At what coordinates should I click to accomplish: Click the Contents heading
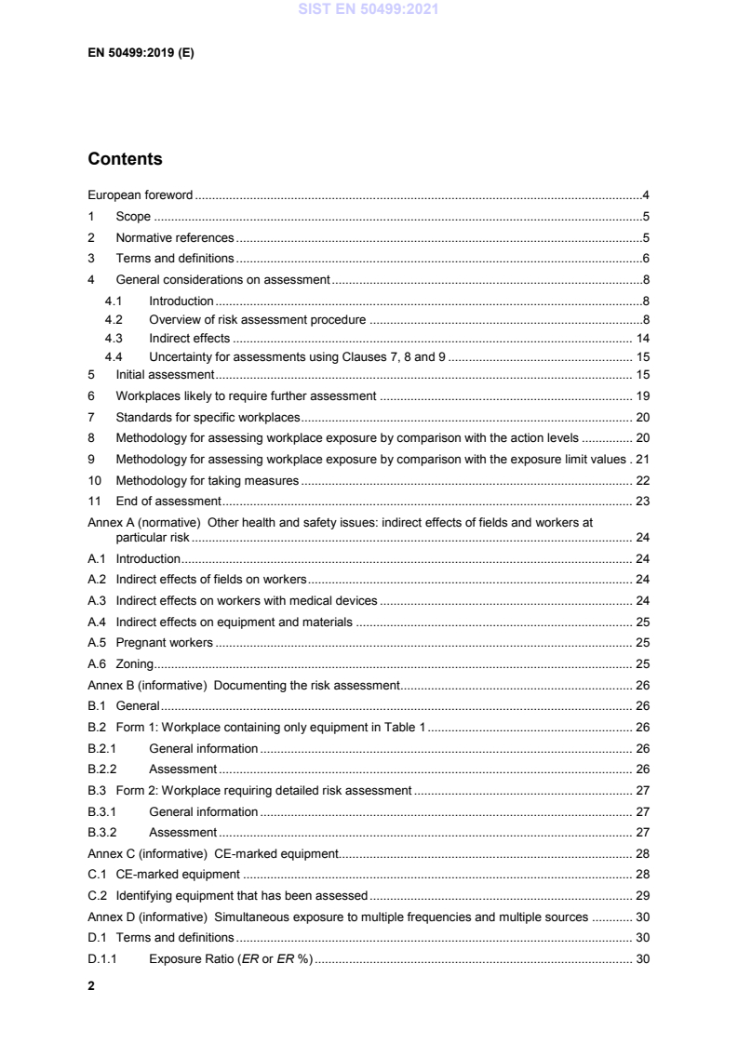[x=125, y=159]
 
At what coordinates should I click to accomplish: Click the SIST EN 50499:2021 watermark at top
[x=369, y=11]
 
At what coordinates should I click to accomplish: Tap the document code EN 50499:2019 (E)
[x=141, y=53]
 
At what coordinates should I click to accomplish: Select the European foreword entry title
[x=141, y=195]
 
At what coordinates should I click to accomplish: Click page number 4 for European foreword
[x=645, y=195]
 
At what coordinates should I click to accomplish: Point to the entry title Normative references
[x=174, y=237]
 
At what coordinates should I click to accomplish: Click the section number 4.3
[x=114, y=338]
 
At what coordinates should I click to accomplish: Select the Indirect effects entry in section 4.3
[x=189, y=338]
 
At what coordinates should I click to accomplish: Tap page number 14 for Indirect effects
[x=642, y=338]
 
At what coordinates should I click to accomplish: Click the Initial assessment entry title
[x=165, y=374]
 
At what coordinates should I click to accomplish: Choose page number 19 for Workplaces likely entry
[x=642, y=395]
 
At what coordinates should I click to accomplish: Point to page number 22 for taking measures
[x=642, y=481]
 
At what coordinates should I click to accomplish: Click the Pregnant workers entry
[x=165, y=643]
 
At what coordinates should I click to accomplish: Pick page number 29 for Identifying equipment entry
[x=642, y=896]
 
